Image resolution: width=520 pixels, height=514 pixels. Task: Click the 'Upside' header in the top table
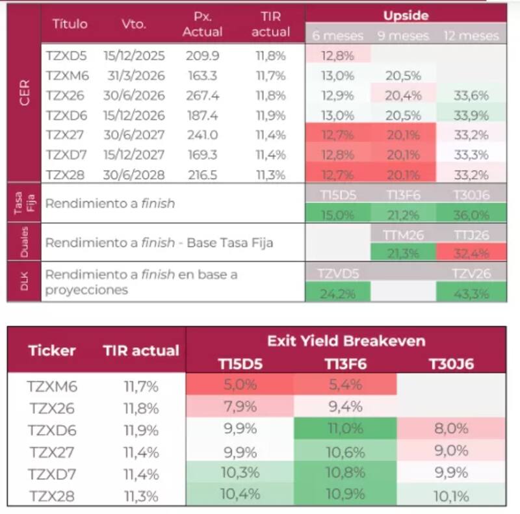tap(406, 14)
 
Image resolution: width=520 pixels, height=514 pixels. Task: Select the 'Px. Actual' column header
tap(202, 24)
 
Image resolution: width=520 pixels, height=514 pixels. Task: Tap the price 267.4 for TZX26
tap(202, 96)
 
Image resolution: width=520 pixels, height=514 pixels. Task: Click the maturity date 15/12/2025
tap(133, 56)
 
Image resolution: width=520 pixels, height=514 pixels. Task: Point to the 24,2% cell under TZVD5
tap(337, 293)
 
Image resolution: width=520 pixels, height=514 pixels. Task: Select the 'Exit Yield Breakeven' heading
tap(346, 340)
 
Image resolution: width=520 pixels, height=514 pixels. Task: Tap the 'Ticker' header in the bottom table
tap(52, 351)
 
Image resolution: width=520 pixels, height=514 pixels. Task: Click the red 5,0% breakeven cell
tap(240, 385)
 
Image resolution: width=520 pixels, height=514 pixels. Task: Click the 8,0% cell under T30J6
tap(450, 430)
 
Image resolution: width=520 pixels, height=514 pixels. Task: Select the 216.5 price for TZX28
tap(202, 175)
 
